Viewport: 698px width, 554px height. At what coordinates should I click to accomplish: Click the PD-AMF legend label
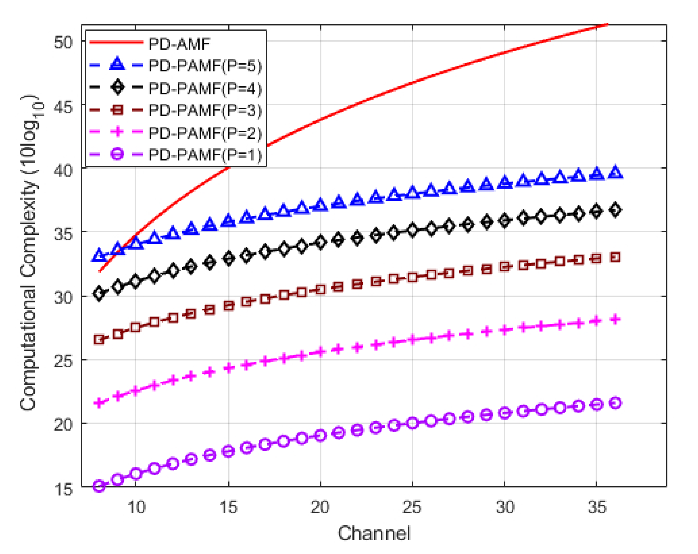point(179,44)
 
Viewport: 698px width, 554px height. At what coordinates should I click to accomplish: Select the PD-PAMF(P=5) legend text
point(205,66)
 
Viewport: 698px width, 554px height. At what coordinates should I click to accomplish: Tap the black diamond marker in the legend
point(117,88)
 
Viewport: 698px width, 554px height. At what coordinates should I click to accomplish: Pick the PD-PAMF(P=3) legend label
point(205,110)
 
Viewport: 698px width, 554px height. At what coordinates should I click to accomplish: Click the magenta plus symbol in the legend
point(117,132)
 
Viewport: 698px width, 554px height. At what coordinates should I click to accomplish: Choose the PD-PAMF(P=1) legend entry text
point(205,155)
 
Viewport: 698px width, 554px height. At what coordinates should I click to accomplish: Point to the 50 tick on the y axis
point(63,42)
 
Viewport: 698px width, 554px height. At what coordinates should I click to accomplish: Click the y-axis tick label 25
point(63,360)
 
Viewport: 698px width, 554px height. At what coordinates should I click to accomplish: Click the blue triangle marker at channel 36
point(615,172)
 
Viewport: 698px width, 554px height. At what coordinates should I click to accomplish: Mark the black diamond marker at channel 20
point(321,243)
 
